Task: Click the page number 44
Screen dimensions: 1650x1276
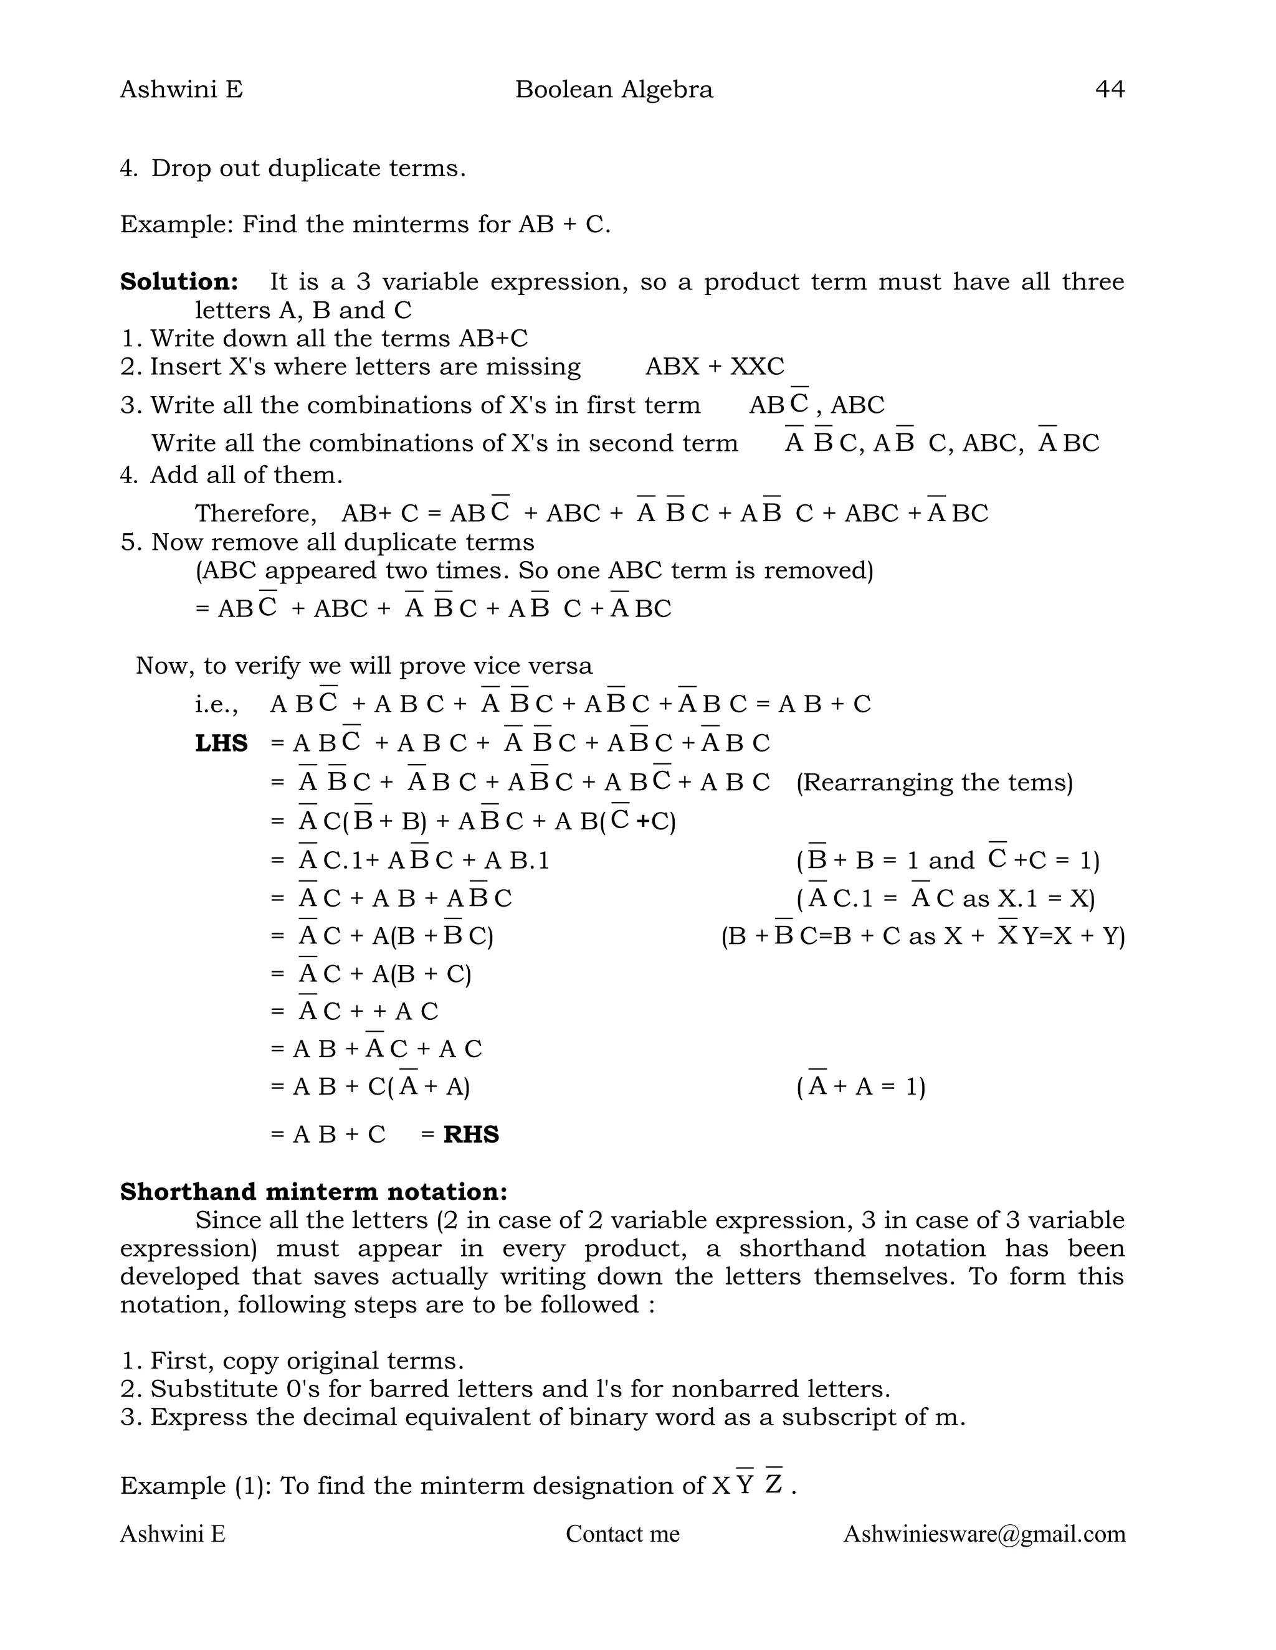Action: tap(1109, 89)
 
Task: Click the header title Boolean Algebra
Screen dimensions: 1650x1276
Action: tap(614, 89)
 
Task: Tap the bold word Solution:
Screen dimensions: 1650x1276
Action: tap(179, 282)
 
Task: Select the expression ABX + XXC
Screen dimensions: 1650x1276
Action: tap(715, 366)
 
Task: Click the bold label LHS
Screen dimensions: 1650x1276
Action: tap(221, 743)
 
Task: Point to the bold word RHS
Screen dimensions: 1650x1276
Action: tap(471, 1134)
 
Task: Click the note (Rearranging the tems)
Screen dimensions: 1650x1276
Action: tap(935, 782)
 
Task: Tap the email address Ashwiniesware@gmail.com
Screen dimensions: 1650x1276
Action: tap(984, 1534)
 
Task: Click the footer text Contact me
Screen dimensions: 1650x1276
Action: tap(622, 1534)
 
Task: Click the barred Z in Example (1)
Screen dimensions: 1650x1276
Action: tap(773, 1484)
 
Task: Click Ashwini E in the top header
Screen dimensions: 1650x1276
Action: tap(181, 89)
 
